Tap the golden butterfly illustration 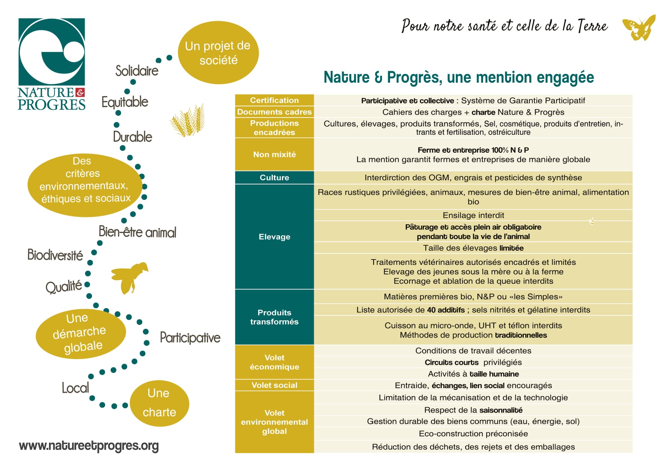coord(639,28)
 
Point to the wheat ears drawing coord(187,120)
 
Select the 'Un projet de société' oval coord(218,53)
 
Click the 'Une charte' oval coord(159,403)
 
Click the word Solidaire coord(137,70)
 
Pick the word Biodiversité coord(55,255)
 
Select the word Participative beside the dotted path coord(190,338)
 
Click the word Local coord(75,388)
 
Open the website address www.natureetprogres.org coord(89,446)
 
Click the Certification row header coord(274,100)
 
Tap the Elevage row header coord(274,237)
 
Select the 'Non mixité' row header coord(274,154)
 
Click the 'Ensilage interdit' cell coord(473,215)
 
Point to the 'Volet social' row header coord(274,385)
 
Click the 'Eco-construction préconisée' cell coord(473,434)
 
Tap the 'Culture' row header coord(274,178)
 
